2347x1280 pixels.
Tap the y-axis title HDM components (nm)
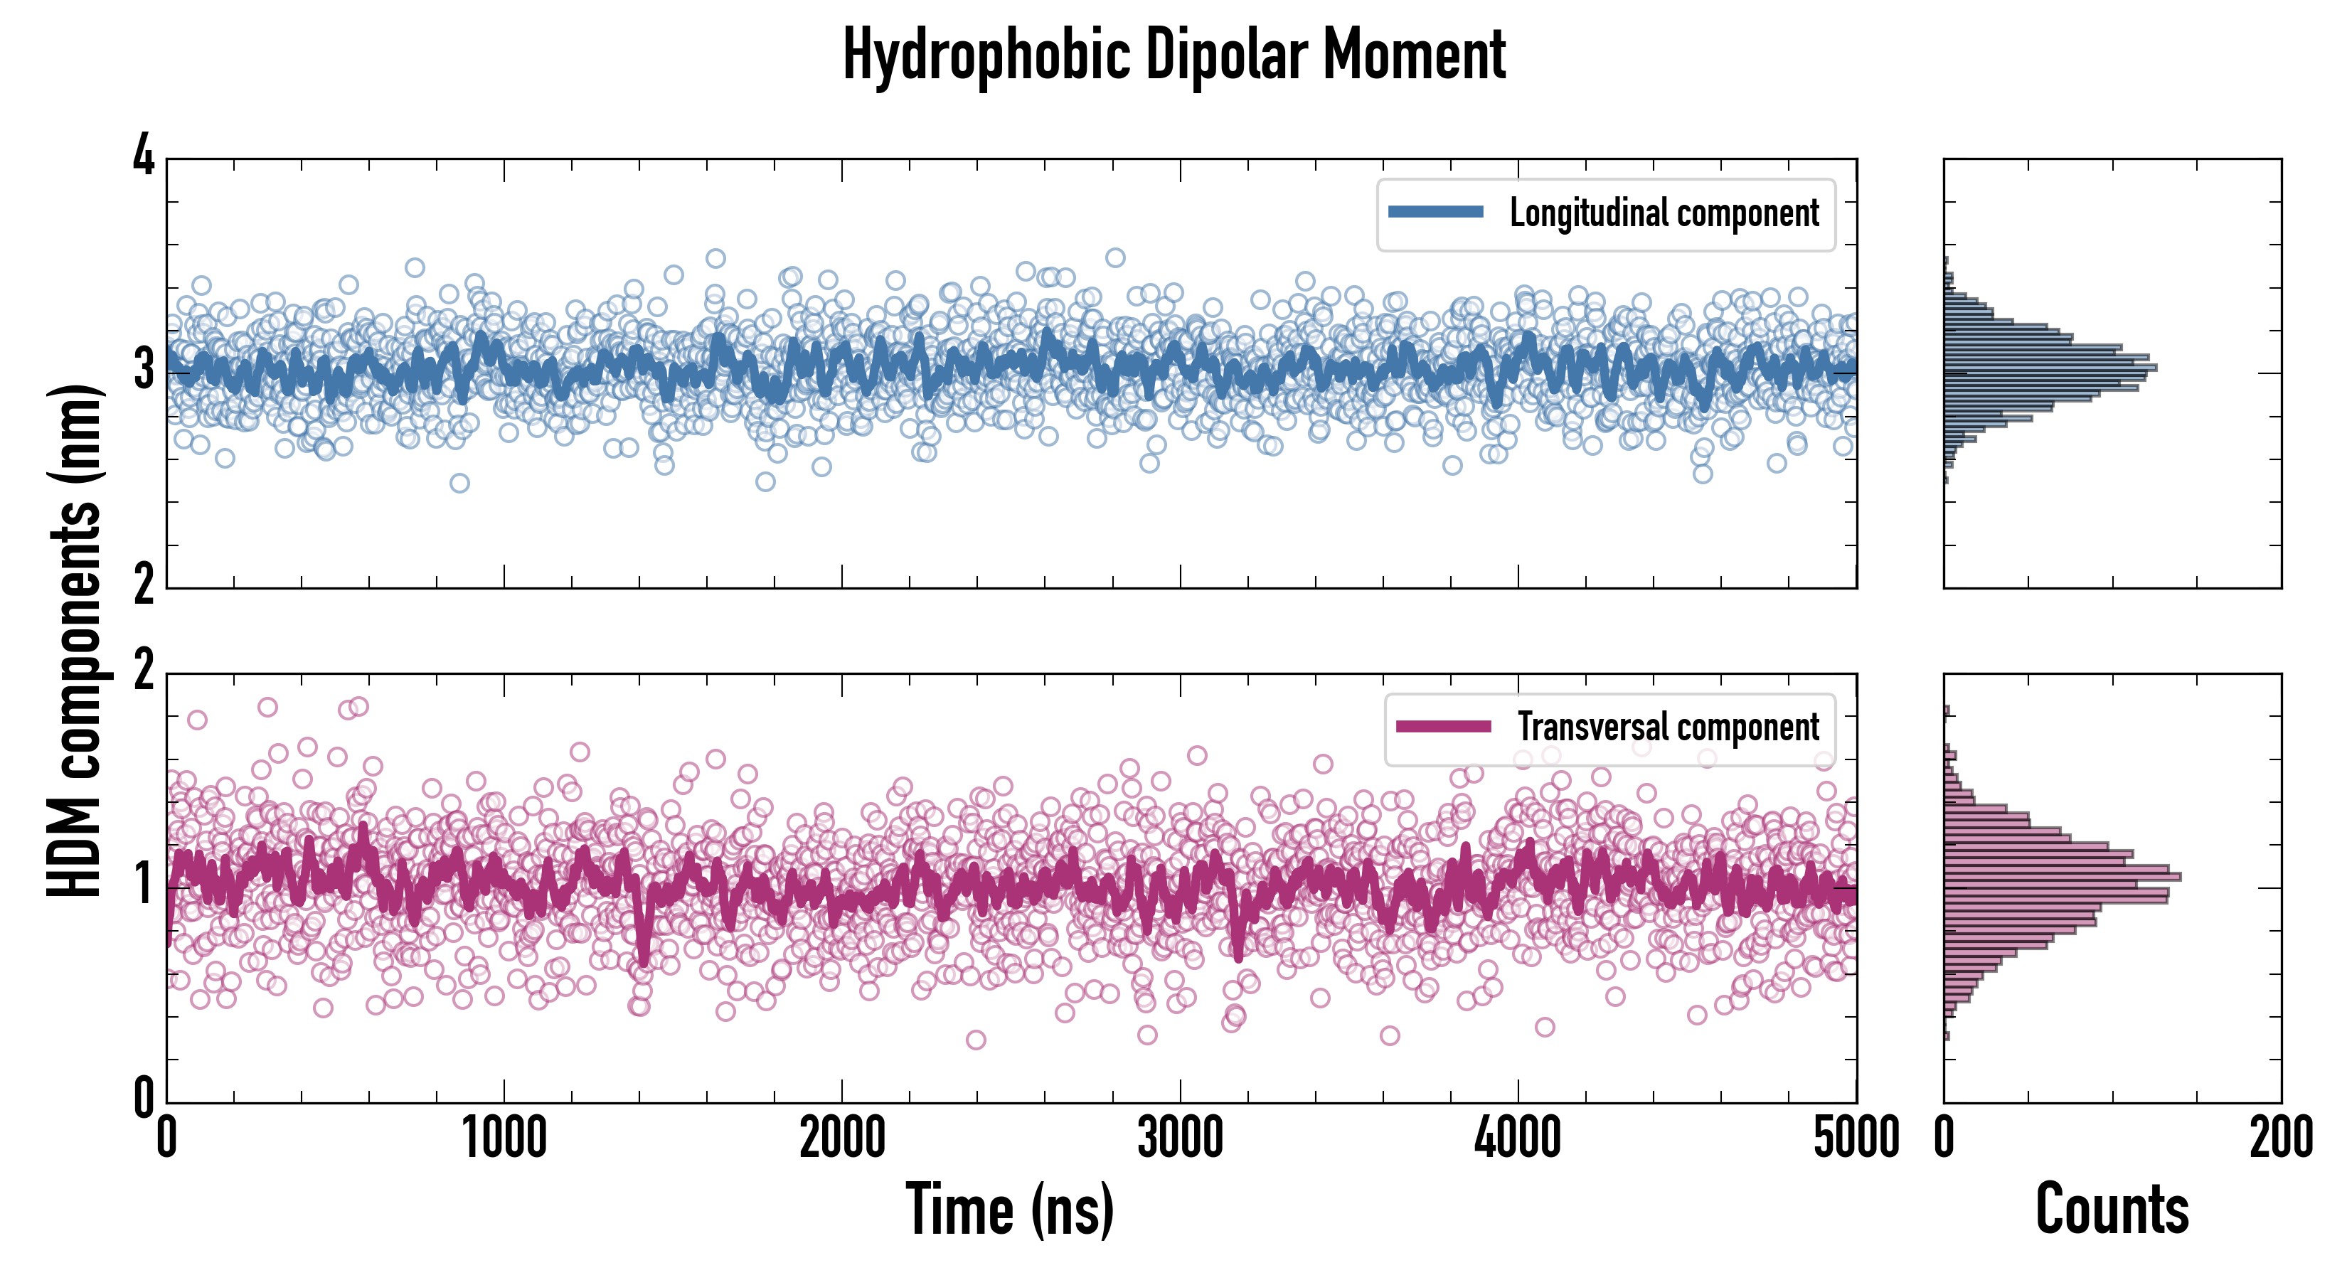tap(75, 641)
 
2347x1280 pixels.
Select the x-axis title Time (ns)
tap(1009, 1209)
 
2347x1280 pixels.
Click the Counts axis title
tap(2112, 1209)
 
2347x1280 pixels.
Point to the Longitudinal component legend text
tap(1664, 213)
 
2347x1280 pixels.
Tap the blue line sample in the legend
tap(1435, 213)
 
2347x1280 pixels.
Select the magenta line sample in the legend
tap(1442, 726)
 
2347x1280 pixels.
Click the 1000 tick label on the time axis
tap(504, 1138)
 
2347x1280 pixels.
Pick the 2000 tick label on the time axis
tap(842, 1138)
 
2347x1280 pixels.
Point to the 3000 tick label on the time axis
tap(1180, 1138)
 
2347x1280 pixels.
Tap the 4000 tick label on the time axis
tap(1518, 1138)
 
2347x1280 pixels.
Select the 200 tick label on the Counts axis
tap(2280, 1138)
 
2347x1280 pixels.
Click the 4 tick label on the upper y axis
tap(144, 156)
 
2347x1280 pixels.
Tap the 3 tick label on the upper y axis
tap(144, 370)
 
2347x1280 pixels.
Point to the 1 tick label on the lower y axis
tap(144, 885)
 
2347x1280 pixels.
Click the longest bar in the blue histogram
tap(2050, 367)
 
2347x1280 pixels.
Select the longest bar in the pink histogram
tap(2062, 876)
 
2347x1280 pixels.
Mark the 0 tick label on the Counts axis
tap(1944, 1138)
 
